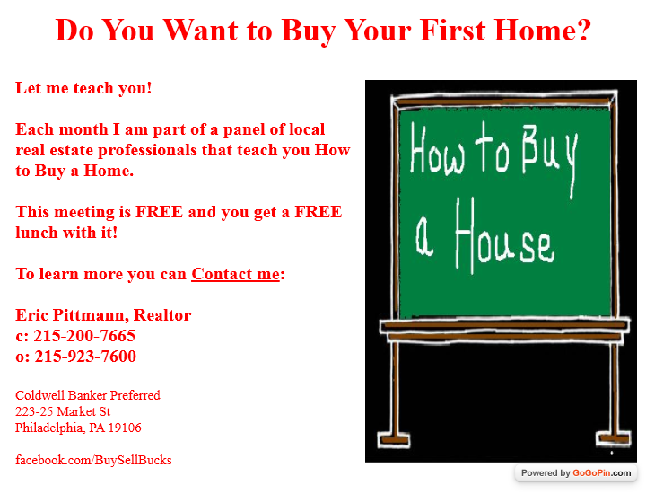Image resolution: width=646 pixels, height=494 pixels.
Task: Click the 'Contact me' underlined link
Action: point(235,274)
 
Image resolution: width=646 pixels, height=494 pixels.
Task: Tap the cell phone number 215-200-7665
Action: point(84,336)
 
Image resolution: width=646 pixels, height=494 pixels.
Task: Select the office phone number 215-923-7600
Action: point(85,357)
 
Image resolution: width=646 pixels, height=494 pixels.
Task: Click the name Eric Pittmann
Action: point(70,315)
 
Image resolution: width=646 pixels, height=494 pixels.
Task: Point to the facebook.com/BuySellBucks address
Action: point(93,460)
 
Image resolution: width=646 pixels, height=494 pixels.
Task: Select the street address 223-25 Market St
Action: point(63,411)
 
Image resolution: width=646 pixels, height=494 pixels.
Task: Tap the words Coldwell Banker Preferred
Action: point(88,395)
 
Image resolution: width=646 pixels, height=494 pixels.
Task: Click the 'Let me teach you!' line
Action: point(83,88)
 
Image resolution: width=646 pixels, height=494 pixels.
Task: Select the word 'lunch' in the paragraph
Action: point(37,233)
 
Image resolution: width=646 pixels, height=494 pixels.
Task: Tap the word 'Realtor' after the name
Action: point(162,315)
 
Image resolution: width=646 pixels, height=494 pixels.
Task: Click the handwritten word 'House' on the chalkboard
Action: point(504,236)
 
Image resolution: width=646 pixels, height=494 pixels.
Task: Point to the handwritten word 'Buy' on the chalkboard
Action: point(550,156)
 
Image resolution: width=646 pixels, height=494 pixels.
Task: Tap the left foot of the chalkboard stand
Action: point(394,439)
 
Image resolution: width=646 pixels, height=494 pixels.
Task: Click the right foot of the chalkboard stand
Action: point(614,438)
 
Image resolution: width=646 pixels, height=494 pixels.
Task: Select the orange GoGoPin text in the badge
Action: point(591,473)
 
